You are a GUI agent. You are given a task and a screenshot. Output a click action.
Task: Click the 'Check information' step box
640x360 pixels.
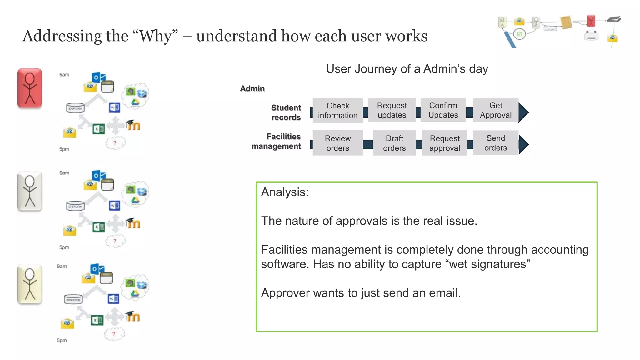[337, 110]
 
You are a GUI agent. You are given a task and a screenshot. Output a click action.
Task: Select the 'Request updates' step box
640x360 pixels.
[392, 110]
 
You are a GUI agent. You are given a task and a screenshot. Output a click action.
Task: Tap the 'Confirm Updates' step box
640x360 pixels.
[443, 110]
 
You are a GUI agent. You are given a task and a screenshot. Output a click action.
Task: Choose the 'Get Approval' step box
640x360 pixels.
[496, 110]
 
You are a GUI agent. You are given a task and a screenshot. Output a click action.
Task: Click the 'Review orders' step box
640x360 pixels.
[337, 143]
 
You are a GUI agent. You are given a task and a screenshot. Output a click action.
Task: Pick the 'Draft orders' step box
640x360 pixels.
[394, 143]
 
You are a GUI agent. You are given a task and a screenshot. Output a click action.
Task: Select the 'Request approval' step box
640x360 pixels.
[444, 143]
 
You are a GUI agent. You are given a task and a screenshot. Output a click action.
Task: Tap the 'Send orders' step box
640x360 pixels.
[496, 143]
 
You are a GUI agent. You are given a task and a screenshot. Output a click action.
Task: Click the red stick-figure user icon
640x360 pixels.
[30, 88]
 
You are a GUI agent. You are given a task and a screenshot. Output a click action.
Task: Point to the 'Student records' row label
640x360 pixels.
[286, 112]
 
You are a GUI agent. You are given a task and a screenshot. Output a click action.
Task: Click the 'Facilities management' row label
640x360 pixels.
[276, 141]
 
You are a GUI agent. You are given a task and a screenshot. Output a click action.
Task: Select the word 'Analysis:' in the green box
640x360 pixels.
[285, 192]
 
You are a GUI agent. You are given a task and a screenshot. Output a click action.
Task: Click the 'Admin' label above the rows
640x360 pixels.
[252, 89]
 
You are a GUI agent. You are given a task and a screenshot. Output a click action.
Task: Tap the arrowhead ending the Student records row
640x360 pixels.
[523, 112]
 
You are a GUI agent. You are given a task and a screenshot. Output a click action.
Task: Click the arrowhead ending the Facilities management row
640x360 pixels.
[523, 144]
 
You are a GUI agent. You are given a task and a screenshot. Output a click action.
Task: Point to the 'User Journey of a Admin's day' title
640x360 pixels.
[407, 69]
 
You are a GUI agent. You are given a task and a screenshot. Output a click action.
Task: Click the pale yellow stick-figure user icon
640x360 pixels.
[30, 284]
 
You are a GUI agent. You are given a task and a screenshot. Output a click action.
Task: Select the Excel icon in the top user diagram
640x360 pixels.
[98, 129]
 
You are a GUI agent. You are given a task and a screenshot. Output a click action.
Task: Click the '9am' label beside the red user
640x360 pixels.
[64, 75]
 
